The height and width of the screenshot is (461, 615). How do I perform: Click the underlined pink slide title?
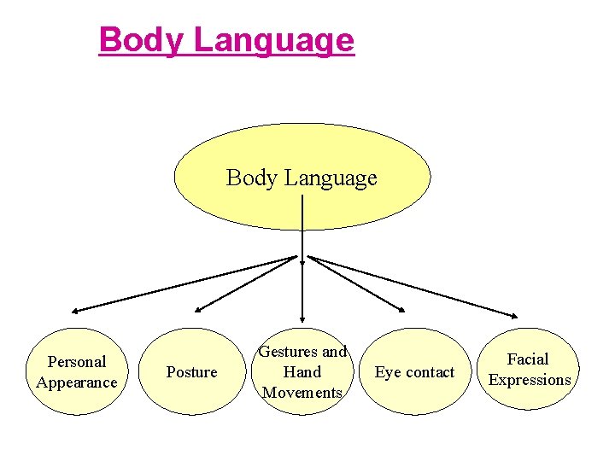[226, 40]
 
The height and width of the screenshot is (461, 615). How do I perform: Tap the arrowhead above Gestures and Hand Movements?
[302, 318]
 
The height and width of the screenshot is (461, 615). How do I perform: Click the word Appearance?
[77, 382]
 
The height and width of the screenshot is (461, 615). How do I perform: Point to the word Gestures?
[288, 352]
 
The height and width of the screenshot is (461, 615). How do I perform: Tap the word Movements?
[302, 393]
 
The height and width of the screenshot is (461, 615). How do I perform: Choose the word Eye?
[388, 372]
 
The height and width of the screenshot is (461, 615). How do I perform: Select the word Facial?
[528, 359]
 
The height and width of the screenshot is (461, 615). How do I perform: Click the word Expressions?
[530, 380]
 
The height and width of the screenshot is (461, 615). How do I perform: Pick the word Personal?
[77, 362]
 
